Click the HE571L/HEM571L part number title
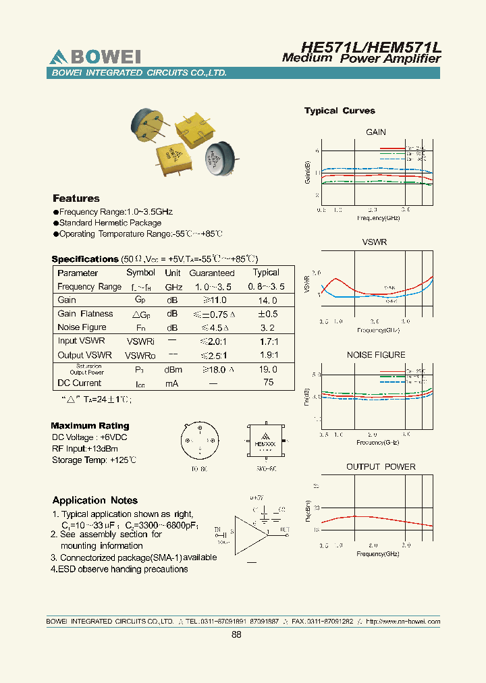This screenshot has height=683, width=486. pos(371,47)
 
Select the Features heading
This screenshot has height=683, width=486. pos(76,198)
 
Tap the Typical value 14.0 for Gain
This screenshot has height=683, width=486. pos(266,300)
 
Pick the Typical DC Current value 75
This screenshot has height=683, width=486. pos(268,383)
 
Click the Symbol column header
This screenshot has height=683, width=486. pos(140,273)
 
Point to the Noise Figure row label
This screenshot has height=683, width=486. pos(82,327)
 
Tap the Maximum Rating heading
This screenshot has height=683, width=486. pos(90,426)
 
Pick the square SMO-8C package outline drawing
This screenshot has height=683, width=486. pos(267,442)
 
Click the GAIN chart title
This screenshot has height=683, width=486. pos(376,132)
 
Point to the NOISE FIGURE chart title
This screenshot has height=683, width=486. pos(376,355)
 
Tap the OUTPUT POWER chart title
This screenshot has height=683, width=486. pos(381,467)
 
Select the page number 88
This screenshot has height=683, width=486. pos(236,634)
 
